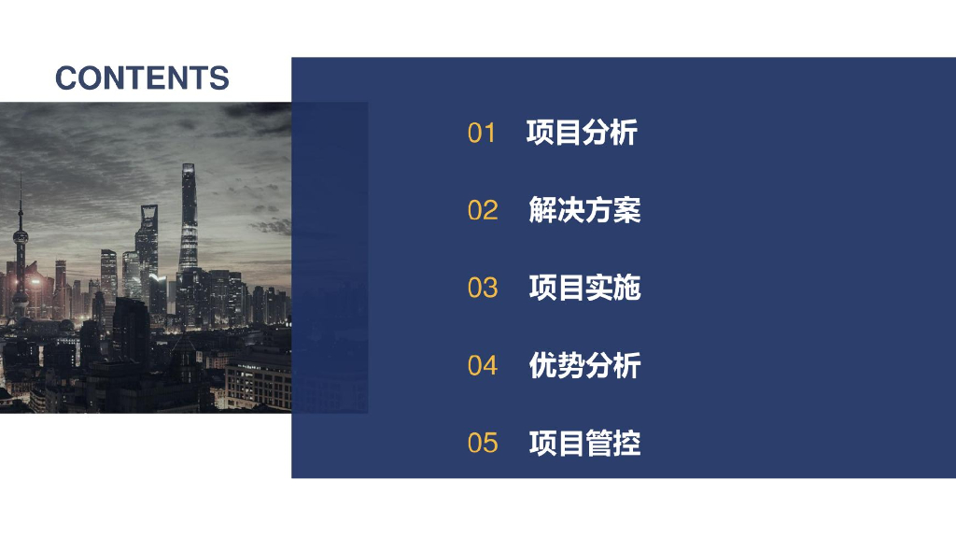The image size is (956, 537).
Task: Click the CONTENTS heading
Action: click(x=142, y=78)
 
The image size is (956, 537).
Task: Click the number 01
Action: click(x=482, y=134)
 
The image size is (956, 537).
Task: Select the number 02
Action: click(x=483, y=210)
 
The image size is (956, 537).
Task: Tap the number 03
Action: click(x=483, y=288)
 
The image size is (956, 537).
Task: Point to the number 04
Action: click(x=483, y=365)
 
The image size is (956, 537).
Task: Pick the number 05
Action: click(x=483, y=443)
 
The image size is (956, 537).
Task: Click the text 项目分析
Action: click(x=582, y=133)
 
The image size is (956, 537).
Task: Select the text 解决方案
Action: click(x=584, y=210)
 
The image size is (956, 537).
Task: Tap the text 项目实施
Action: click(x=584, y=288)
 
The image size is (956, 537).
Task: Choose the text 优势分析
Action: click(x=584, y=365)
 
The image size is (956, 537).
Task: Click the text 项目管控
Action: click(x=584, y=443)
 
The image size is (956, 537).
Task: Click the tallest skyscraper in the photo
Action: click(x=189, y=224)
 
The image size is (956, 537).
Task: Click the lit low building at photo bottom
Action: click(x=259, y=383)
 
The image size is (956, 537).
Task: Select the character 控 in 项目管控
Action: click(x=627, y=443)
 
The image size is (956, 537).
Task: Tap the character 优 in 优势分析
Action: click(x=542, y=365)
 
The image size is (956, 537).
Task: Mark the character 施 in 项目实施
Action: click(x=627, y=288)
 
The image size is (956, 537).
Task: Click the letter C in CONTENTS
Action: click(x=66, y=78)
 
